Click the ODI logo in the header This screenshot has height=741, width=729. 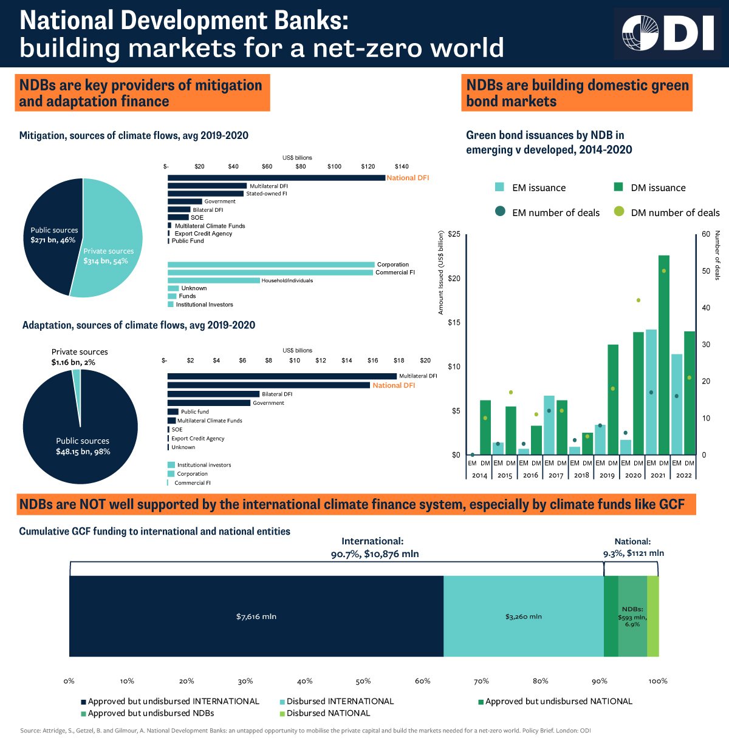click(668, 34)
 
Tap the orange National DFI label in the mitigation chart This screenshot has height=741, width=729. click(408, 178)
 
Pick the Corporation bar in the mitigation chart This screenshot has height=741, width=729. click(271, 265)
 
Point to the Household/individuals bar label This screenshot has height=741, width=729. click(287, 280)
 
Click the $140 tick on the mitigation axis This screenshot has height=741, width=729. click(402, 166)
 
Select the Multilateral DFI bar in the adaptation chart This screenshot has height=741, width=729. click(282, 376)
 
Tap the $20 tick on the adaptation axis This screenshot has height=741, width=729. click(425, 360)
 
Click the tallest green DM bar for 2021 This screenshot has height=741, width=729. click(664, 355)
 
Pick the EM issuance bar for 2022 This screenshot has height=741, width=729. click(677, 404)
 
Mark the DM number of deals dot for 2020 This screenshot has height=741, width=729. click(638, 300)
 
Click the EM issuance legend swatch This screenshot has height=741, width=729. click(499, 188)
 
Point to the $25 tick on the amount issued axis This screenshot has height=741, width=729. click(454, 234)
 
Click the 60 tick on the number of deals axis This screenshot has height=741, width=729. click(705, 234)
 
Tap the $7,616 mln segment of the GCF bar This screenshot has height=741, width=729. click(256, 617)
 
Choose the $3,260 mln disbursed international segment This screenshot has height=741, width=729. click(524, 617)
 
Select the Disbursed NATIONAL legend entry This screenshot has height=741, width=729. click(328, 713)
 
